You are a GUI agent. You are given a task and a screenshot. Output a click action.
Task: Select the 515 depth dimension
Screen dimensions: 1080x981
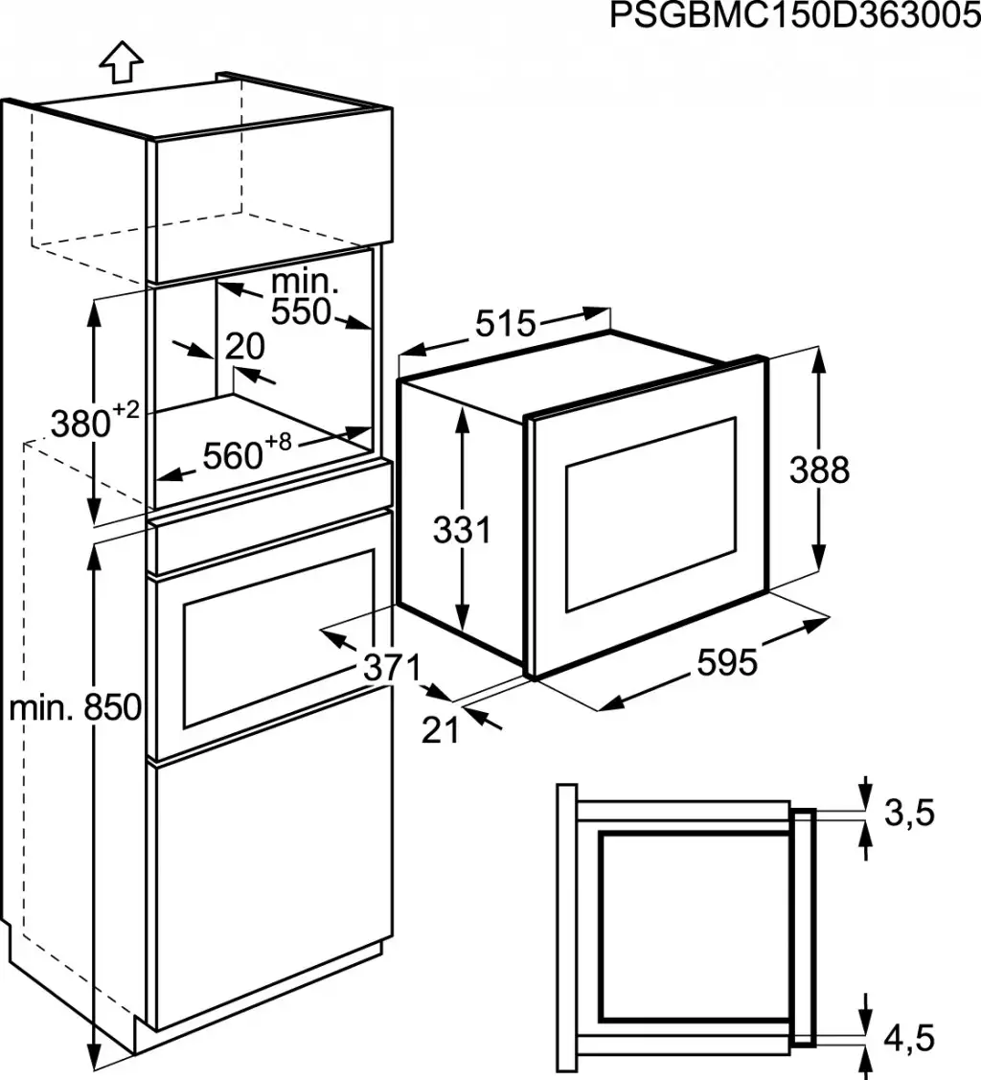505,325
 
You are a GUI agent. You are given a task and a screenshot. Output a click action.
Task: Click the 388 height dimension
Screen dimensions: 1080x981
819,471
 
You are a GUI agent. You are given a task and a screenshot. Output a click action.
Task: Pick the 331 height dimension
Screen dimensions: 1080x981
462,530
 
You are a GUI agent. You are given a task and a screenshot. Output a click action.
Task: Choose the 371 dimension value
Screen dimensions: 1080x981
392,667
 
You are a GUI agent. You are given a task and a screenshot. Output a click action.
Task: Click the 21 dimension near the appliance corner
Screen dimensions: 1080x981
441,730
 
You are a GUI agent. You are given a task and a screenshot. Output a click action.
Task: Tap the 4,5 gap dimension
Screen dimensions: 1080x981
908,1037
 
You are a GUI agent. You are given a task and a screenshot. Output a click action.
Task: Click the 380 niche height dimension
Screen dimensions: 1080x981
81,423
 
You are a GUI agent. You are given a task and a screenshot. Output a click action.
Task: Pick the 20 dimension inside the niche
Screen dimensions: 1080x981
244,346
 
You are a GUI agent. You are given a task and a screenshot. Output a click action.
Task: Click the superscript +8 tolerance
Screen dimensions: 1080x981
278,442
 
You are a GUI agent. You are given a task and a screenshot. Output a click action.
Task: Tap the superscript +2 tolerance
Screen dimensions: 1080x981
125,409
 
